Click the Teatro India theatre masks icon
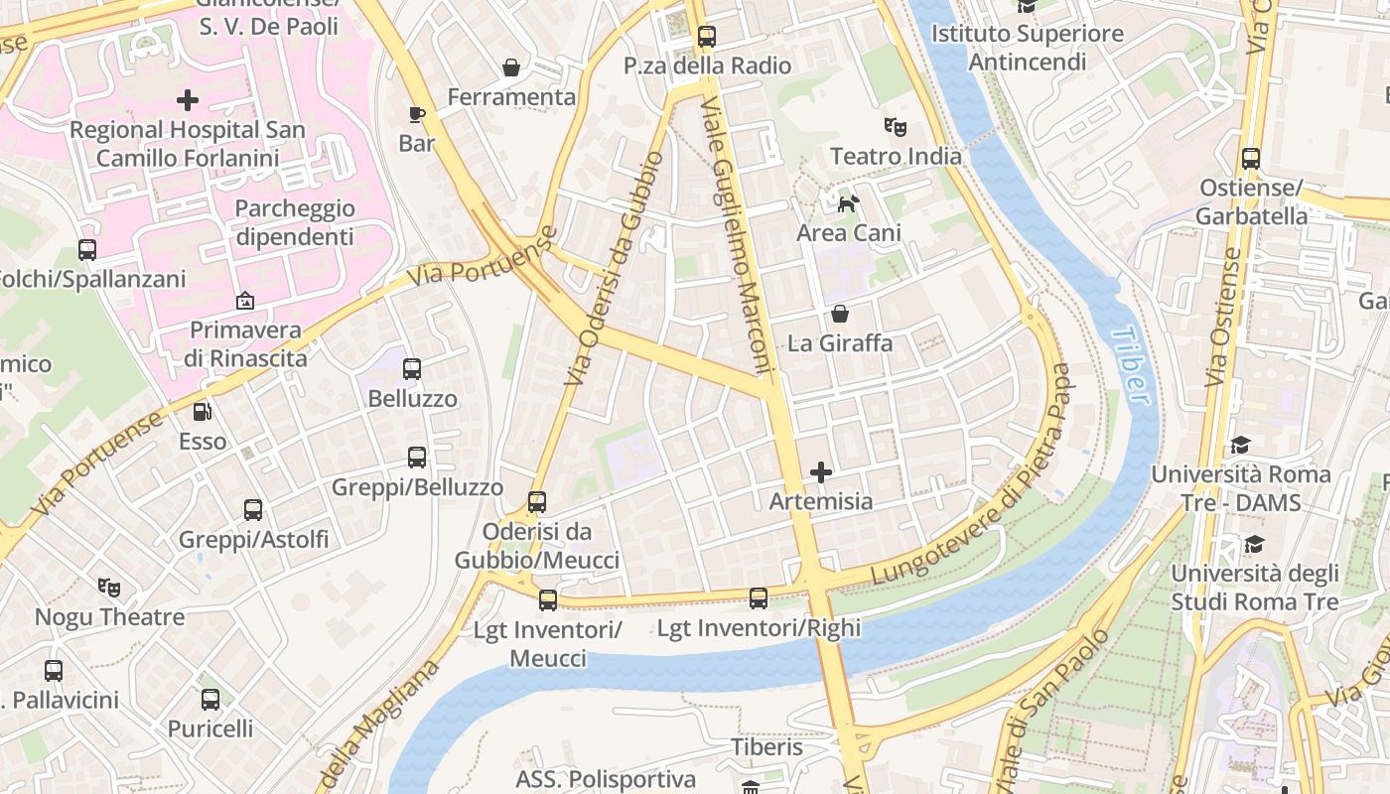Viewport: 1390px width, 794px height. click(896, 127)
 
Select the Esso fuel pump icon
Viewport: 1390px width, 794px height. click(202, 411)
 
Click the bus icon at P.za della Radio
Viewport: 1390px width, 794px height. click(706, 37)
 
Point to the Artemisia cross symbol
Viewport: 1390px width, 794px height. click(821, 472)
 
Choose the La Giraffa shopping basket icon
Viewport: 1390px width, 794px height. click(840, 315)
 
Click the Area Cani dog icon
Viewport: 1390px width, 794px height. click(849, 203)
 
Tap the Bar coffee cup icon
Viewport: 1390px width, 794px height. click(417, 114)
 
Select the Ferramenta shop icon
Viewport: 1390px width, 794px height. click(511, 67)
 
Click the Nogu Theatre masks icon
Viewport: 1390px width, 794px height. click(109, 588)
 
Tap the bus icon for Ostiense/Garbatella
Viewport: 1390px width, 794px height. click(1250, 159)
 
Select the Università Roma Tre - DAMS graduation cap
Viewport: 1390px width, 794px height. click(1240, 445)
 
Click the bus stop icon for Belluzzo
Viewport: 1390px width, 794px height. click(412, 369)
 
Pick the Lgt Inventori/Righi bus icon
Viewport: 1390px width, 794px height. click(759, 598)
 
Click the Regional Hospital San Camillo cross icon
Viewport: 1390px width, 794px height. click(188, 100)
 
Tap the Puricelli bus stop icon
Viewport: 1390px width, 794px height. click(210, 700)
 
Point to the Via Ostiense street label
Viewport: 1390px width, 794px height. click(1224, 318)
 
